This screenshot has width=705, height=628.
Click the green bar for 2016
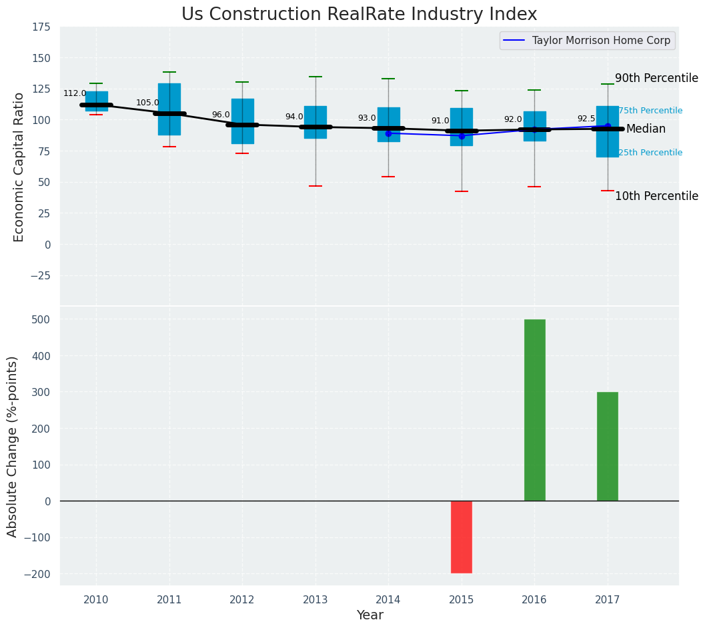[534, 410]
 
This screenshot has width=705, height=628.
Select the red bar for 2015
[462, 537]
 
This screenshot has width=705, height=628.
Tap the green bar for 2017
[607, 446]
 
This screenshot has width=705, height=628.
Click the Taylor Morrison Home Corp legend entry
[588, 41]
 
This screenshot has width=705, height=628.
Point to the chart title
[359, 15]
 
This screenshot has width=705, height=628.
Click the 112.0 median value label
[75, 94]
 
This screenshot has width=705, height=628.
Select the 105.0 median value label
[147, 103]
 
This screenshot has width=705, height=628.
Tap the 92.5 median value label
[586, 119]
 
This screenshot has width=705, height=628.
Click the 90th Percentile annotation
[656, 79]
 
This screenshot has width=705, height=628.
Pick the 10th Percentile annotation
[656, 197]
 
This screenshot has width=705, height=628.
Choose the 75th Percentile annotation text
[650, 111]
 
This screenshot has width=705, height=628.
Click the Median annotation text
[646, 129]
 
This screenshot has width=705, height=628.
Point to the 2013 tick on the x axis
[315, 601]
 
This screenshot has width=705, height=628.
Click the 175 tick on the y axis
[41, 27]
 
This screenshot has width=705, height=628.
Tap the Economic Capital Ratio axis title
[19, 167]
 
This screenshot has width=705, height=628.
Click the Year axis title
[370, 615]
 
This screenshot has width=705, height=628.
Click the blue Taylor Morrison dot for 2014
[388, 133]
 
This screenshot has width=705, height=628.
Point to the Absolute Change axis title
[13, 446]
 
